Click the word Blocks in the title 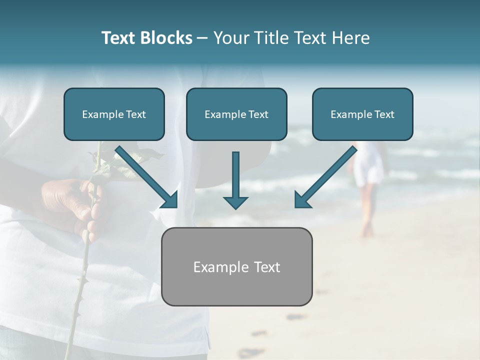coord(167,38)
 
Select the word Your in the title coord(231,38)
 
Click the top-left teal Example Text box coord(114,114)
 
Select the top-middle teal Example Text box coord(236,114)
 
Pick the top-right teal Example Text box coord(362,114)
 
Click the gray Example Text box coord(236,267)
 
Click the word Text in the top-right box coord(384,114)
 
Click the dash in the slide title coord(202,38)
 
